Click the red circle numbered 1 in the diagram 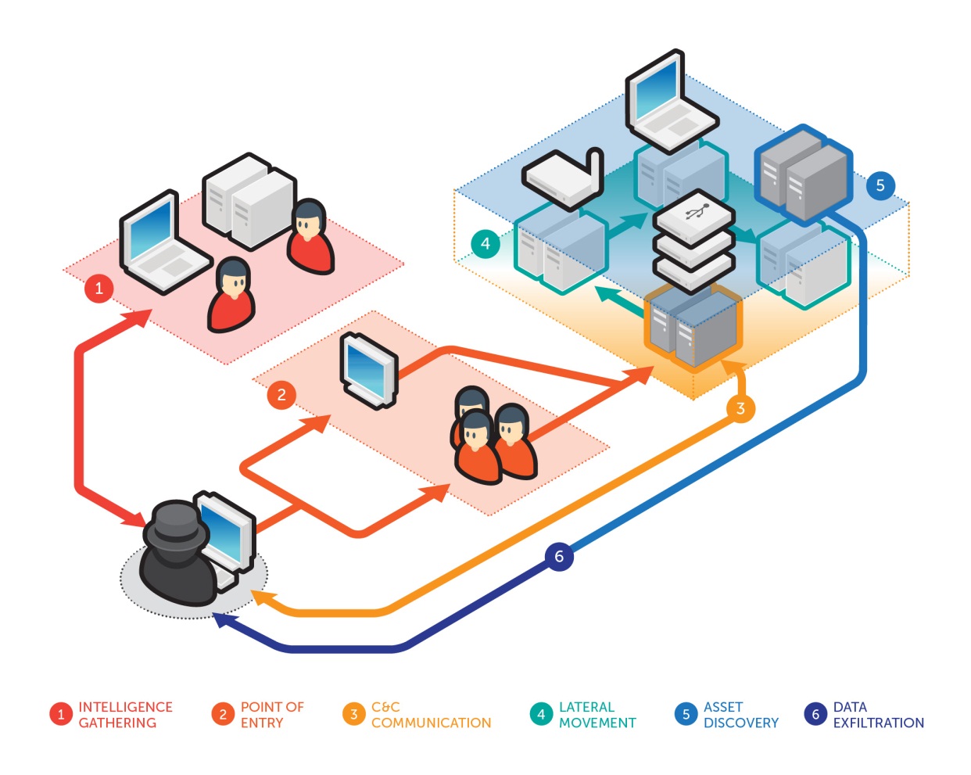[x=99, y=288]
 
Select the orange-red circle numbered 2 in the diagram [x=281, y=395]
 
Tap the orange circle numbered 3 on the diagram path [x=740, y=408]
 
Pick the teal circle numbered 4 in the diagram [x=485, y=243]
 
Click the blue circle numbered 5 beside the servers [x=880, y=185]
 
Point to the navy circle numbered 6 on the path [x=559, y=556]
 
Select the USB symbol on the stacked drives [x=695, y=211]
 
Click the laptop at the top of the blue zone [x=668, y=102]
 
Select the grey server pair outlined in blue [x=804, y=174]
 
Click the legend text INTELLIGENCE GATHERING [x=125, y=715]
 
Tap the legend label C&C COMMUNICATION [x=431, y=715]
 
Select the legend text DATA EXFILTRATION [x=878, y=715]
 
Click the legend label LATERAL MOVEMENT [x=597, y=715]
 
